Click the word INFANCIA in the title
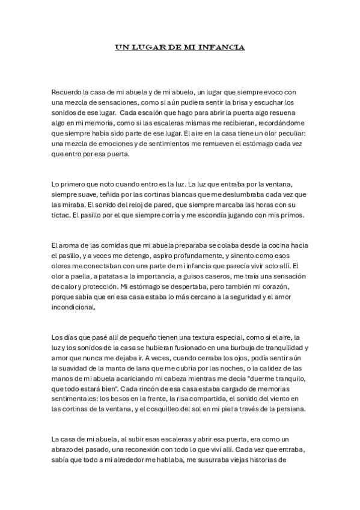click(x=223, y=46)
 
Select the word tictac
click(x=63, y=215)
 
